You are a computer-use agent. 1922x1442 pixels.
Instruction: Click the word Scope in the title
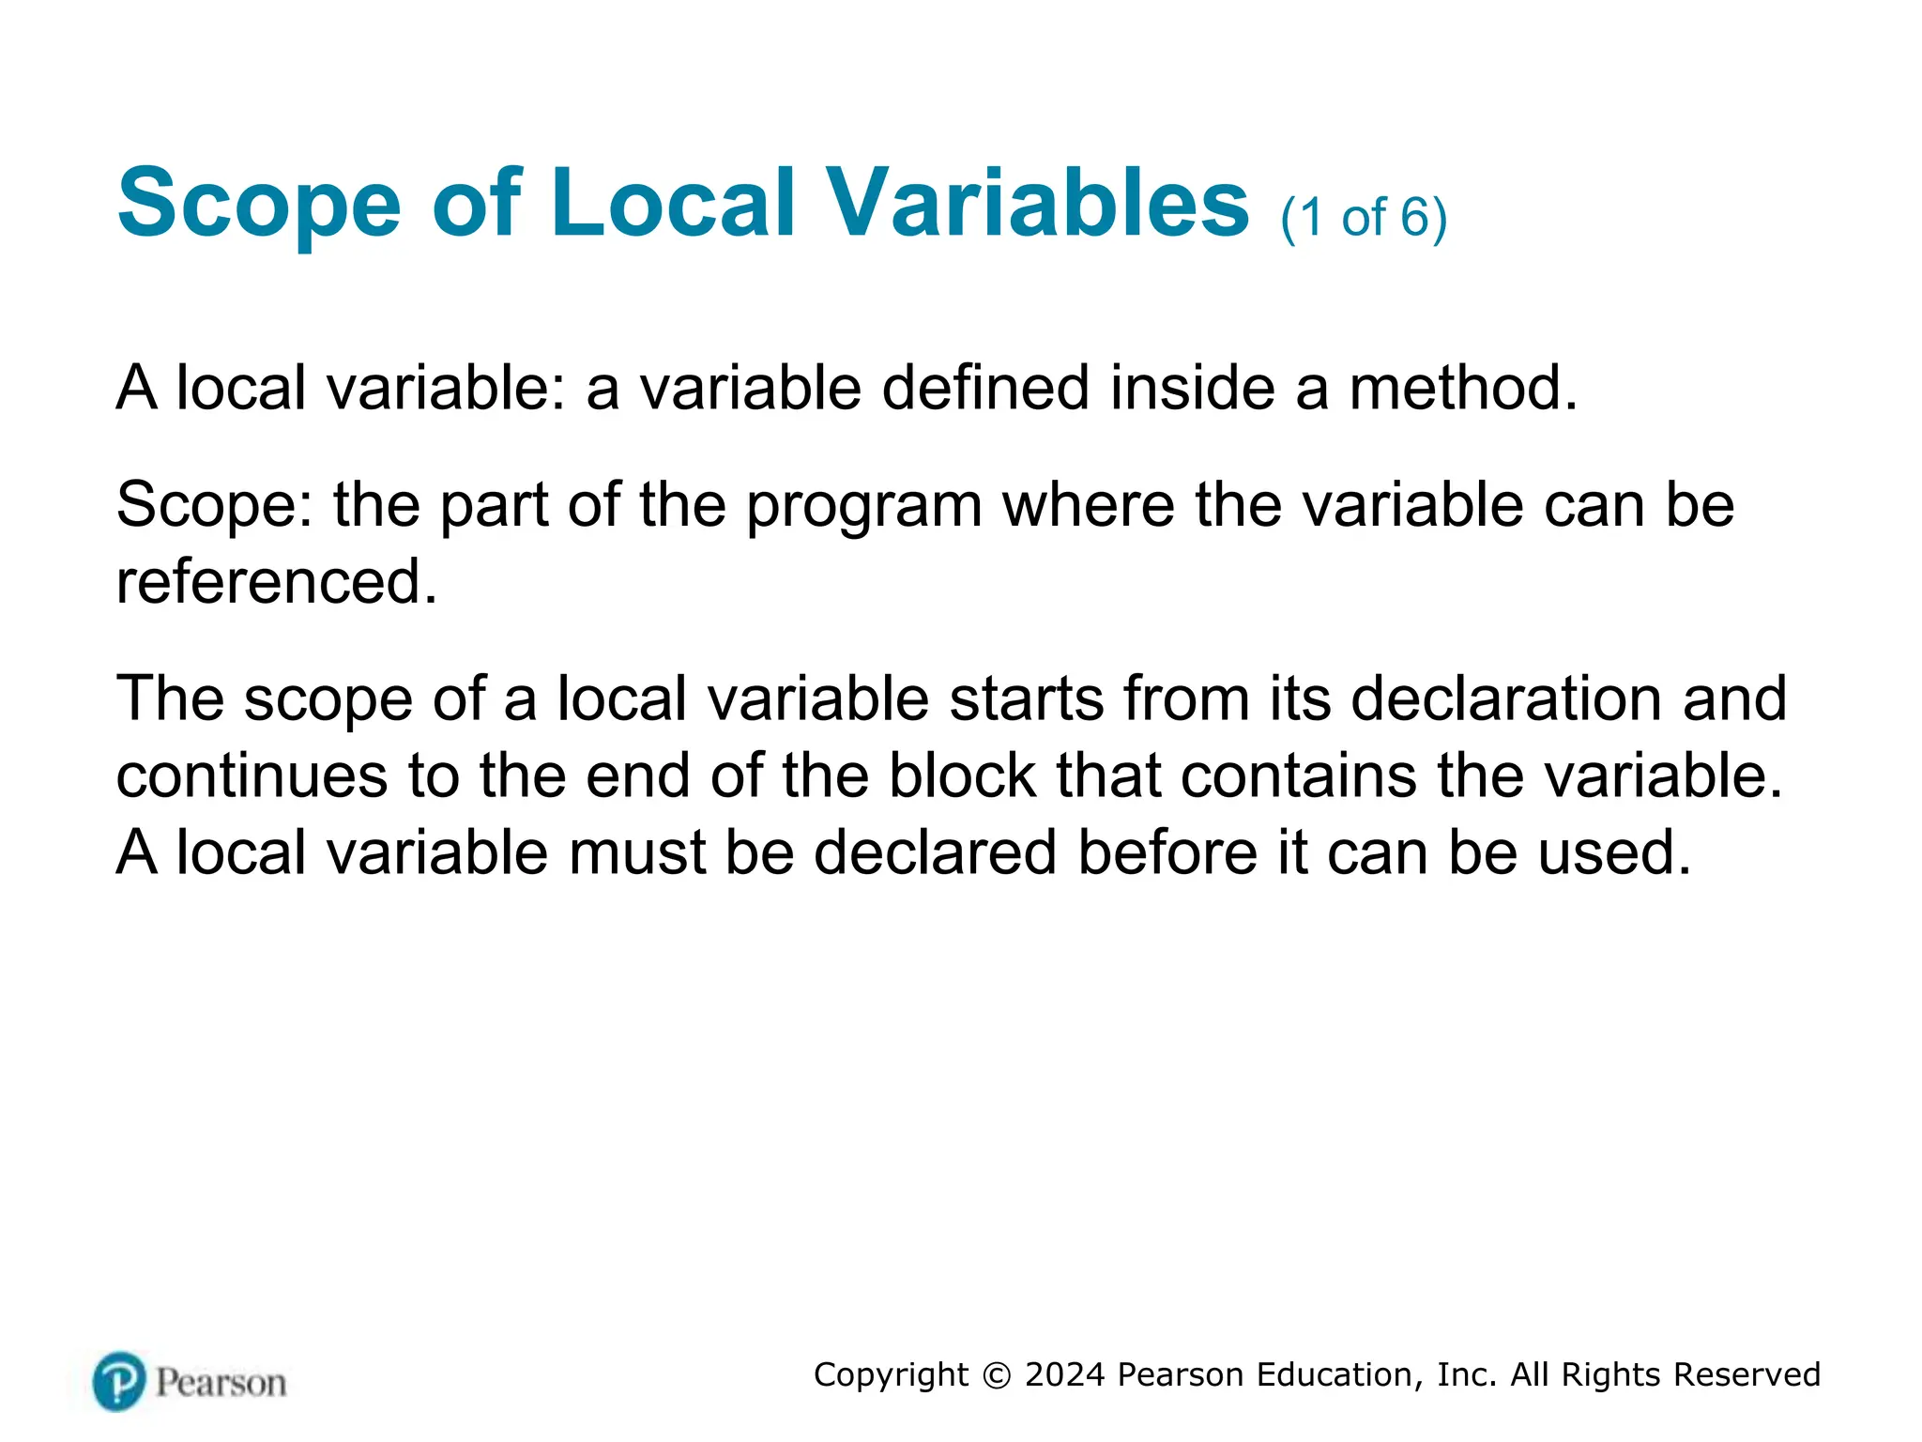pos(259,205)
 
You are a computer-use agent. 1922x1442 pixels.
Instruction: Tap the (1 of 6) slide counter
pos(1364,218)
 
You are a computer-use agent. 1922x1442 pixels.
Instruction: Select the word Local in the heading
pos(673,203)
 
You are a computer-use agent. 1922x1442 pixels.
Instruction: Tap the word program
pos(864,507)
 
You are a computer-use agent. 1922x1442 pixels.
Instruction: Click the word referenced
pos(276,582)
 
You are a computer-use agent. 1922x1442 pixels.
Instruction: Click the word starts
pos(1026,699)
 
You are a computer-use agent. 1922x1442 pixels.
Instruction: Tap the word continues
pos(252,776)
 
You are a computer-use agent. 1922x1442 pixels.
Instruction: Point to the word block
pos(962,776)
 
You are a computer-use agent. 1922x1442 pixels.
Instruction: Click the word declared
pos(935,853)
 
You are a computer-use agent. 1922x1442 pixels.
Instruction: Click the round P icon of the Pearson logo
pos(119,1381)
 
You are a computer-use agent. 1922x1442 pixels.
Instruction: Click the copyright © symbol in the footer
pos(997,1375)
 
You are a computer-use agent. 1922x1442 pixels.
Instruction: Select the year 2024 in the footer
pos(1065,1374)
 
